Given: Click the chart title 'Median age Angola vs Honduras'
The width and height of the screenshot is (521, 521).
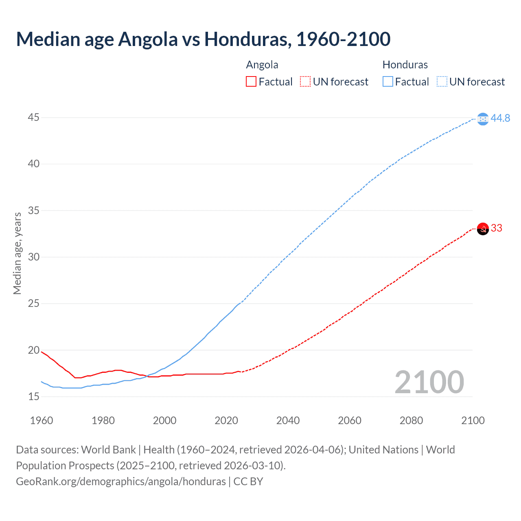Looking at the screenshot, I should tap(203, 39).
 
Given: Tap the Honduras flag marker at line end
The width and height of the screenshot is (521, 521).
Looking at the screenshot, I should tap(483, 119).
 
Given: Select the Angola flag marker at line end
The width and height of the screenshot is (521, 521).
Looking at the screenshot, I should tap(483, 229).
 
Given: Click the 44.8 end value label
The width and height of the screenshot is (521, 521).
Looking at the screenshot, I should tap(500, 118).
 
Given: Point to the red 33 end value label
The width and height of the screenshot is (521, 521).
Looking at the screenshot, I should tap(497, 228).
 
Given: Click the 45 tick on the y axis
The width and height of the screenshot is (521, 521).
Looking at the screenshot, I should tap(34, 118).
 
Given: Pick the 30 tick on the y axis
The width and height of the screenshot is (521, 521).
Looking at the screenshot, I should tap(34, 257).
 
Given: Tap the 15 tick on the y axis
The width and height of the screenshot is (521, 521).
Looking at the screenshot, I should tap(34, 396).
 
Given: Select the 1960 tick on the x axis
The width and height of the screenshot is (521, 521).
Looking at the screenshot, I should tap(42, 420).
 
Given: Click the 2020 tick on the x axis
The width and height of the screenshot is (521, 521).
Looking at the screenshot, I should tap(226, 420).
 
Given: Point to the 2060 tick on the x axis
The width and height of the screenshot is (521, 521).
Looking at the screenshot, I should tap(350, 420).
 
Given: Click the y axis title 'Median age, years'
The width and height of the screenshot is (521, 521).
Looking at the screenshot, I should tap(17, 253).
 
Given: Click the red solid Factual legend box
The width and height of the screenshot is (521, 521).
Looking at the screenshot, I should tap(251, 82).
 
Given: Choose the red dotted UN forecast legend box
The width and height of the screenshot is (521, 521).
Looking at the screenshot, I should tap(305, 82).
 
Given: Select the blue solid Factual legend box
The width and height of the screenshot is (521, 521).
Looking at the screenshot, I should tap(387, 82).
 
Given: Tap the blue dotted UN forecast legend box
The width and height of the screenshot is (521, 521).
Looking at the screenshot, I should tap(442, 82).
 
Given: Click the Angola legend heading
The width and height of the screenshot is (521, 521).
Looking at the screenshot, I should tap(262, 65).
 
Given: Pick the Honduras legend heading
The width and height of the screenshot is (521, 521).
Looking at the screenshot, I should tap(405, 65).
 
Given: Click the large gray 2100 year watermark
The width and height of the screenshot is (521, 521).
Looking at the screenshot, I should tap(429, 382).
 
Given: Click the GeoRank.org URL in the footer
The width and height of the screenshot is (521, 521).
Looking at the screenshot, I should tap(121, 482).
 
